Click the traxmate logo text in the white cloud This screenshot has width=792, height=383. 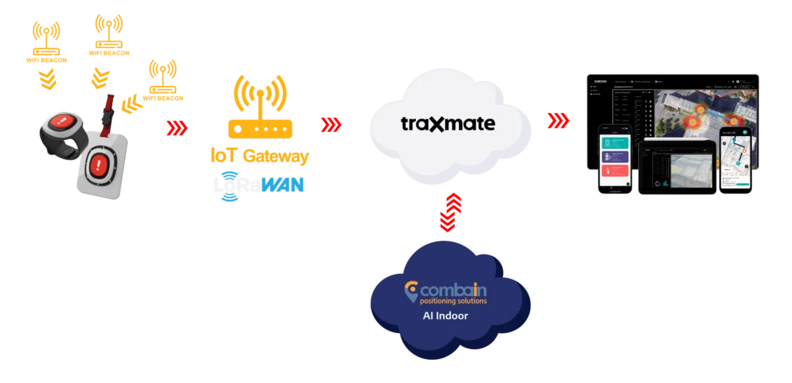448,124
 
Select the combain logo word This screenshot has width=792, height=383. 453,291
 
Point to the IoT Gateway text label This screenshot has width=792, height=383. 259,156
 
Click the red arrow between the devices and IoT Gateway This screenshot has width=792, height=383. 178,126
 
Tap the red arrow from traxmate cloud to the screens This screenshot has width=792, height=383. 556,121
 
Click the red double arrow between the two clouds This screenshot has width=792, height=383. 448,211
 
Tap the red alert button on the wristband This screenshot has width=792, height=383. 64,122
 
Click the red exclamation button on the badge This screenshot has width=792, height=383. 100,165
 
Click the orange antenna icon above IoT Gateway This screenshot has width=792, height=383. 261,95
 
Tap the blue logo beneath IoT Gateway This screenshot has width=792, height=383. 258,184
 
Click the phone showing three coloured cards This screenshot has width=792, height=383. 615,162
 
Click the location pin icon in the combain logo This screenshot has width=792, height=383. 412,291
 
